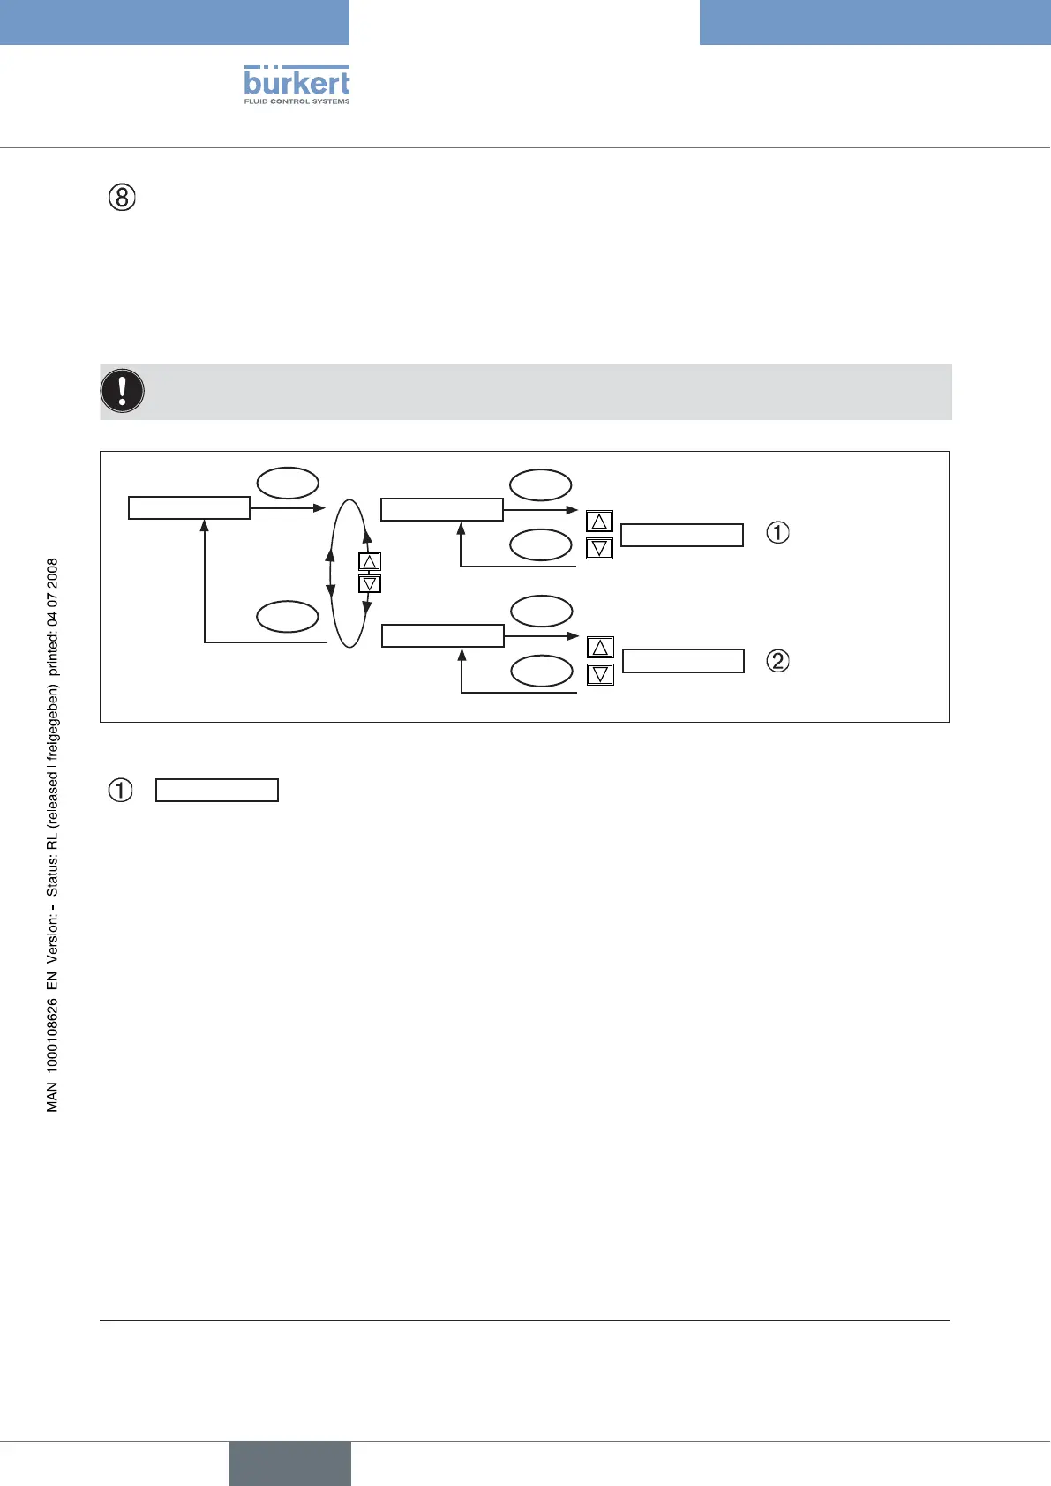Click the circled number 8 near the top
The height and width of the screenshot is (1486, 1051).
[x=122, y=198]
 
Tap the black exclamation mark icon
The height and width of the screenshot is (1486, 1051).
[x=123, y=391]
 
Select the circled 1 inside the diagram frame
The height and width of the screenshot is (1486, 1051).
[x=777, y=533]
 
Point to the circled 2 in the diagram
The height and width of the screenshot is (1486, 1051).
[x=777, y=660]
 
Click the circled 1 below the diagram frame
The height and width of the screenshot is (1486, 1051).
[x=120, y=790]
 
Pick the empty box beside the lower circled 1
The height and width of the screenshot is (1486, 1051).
[x=217, y=790]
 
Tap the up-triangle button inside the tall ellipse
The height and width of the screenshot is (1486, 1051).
[x=370, y=561]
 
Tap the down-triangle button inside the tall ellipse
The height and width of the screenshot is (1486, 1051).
[x=370, y=583]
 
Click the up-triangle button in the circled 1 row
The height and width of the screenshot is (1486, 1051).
[x=599, y=522]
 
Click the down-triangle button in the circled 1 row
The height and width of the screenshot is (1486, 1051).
[x=599, y=548]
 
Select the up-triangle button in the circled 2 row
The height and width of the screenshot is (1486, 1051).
[x=600, y=648]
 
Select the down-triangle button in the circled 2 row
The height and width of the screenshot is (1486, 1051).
[x=600, y=674]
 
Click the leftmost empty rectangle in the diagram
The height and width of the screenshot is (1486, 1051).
[x=189, y=507]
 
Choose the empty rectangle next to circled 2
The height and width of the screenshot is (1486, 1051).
[x=683, y=661]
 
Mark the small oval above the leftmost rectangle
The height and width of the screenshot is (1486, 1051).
[x=288, y=484]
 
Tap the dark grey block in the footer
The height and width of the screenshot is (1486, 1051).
[x=289, y=1463]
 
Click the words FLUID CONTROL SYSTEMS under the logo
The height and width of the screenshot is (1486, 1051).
[x=297, y=101]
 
